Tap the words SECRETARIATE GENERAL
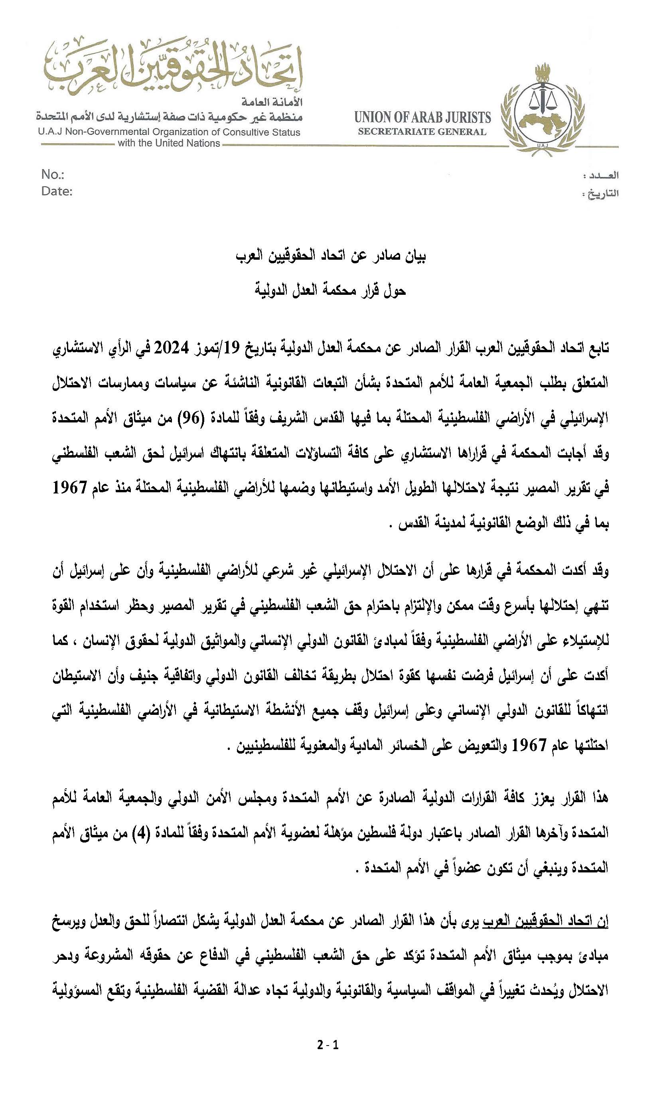[422, 132]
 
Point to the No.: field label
[53, 174]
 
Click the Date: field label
[57, 191]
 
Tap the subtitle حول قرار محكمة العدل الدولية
[331, 291]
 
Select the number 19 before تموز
[232, 347]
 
